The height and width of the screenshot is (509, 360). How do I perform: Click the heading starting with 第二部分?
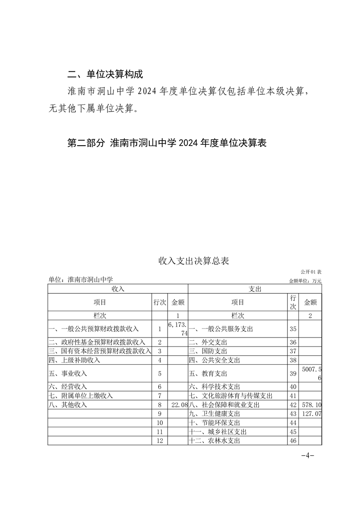point(166,143)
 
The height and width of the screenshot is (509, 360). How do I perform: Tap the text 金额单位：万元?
point(305,281)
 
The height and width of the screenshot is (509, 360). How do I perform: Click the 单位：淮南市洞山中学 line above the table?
point(80,280)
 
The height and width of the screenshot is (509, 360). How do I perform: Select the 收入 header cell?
point(118,289)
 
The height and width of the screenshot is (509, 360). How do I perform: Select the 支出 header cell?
point(255,289)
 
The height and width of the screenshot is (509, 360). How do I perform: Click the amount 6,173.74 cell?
point(178,329)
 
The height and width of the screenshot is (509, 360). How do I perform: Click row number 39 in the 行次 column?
point(292,374)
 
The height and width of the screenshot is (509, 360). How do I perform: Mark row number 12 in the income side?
point(159,440)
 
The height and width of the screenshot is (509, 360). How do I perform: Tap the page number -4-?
point(307,455)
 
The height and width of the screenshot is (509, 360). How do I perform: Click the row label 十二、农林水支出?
point(214,440)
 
